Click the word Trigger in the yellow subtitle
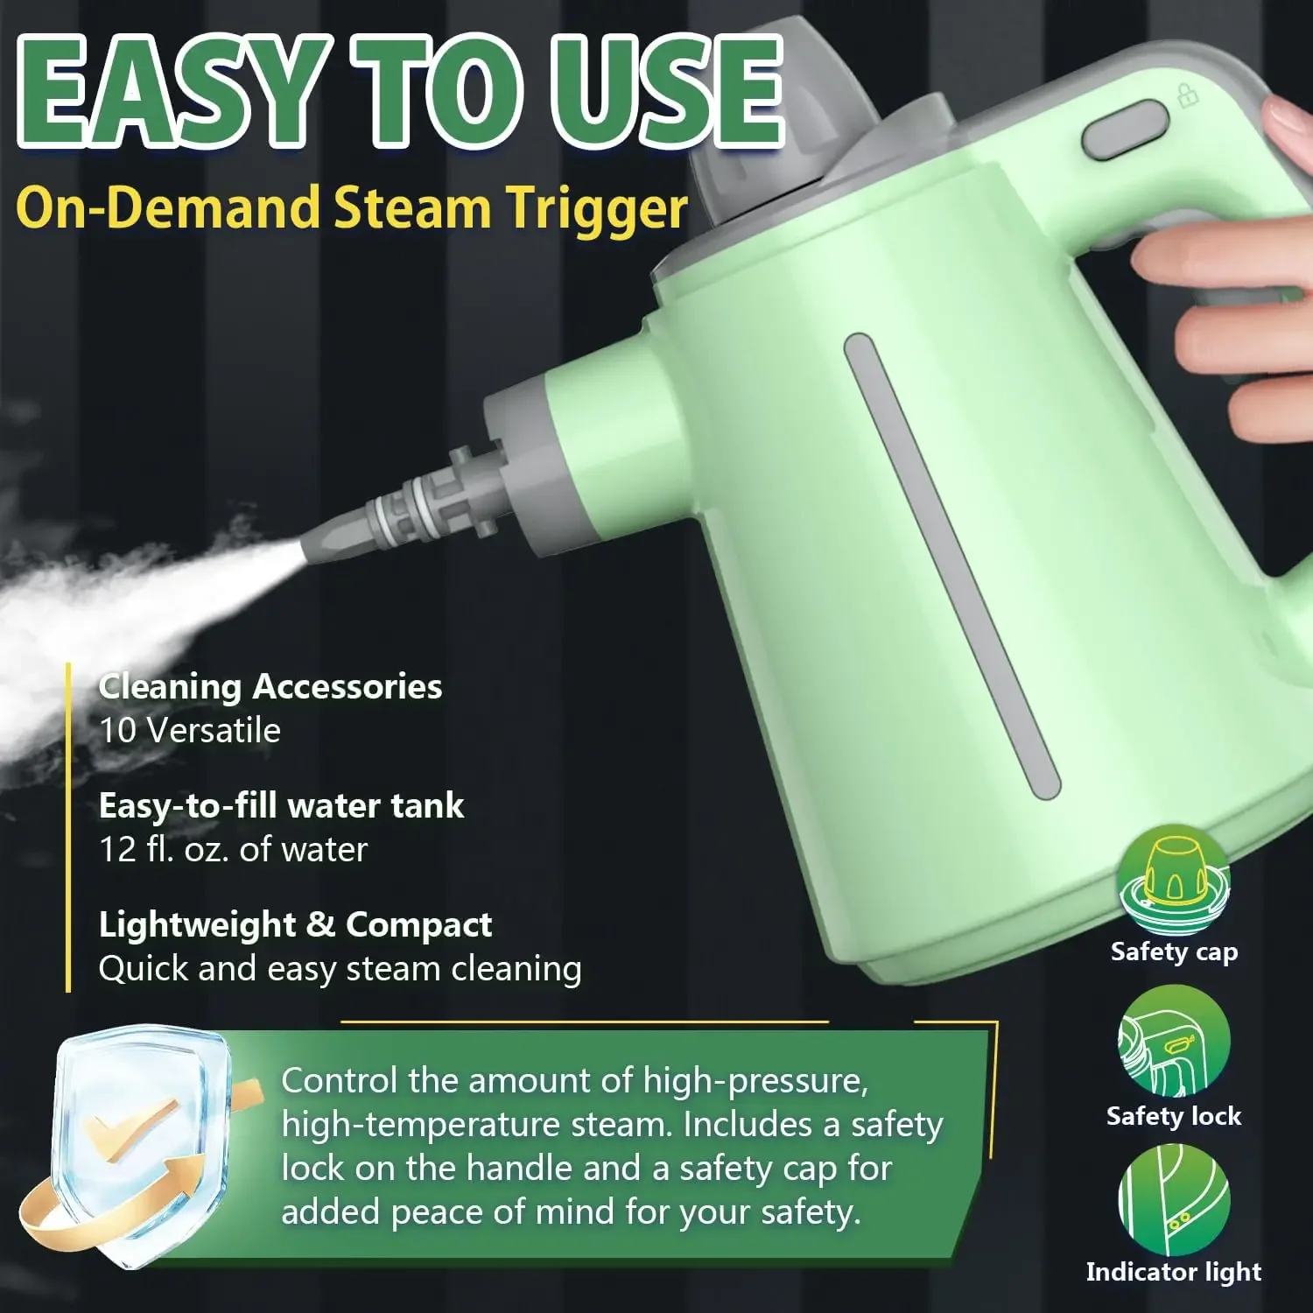[599, 208]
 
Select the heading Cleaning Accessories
[270, 687]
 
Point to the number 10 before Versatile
[116, 731]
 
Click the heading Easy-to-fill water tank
[281, 806]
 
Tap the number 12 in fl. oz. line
[116, 850]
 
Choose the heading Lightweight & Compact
[295, 925]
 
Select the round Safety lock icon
[1173, 1042]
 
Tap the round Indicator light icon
[1173, 1200]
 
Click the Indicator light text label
[1173, 1272]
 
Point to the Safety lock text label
[1173, 1116]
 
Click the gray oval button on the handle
[1126, 130]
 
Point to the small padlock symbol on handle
[1188, 95]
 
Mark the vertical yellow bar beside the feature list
[68, 827]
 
